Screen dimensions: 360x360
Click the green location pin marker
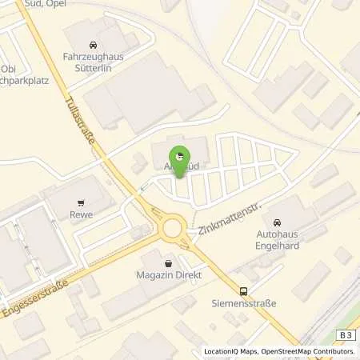[179, 157]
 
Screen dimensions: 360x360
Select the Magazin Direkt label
[168, 275]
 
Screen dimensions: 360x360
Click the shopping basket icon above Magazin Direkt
[168, 262]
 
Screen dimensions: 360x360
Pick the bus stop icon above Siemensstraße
[244, 292]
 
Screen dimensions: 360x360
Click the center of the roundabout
[172, 229]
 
